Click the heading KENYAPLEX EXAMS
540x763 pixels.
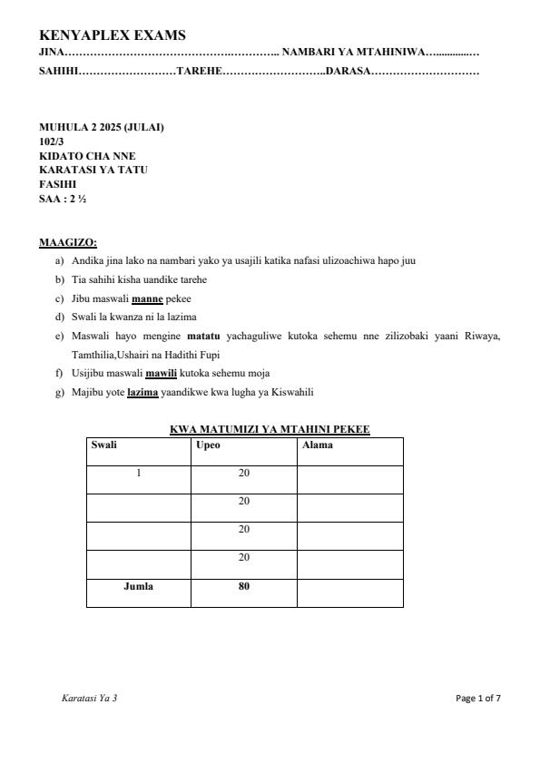pos(113,35)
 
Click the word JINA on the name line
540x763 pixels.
pos(51,54)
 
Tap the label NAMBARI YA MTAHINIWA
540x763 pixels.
pos(352,54)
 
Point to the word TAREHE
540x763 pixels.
pos(199,71)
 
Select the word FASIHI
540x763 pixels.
pos(58,183)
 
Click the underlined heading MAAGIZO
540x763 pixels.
pos(68,242)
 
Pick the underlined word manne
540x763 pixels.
pos(147,298)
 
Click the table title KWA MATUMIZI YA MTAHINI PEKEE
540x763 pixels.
pos(270,429)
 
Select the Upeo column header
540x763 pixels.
pos(208,445)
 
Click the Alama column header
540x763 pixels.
pos(317,445)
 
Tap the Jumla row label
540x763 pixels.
pos(138,586)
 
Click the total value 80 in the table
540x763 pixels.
pos(243,586)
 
